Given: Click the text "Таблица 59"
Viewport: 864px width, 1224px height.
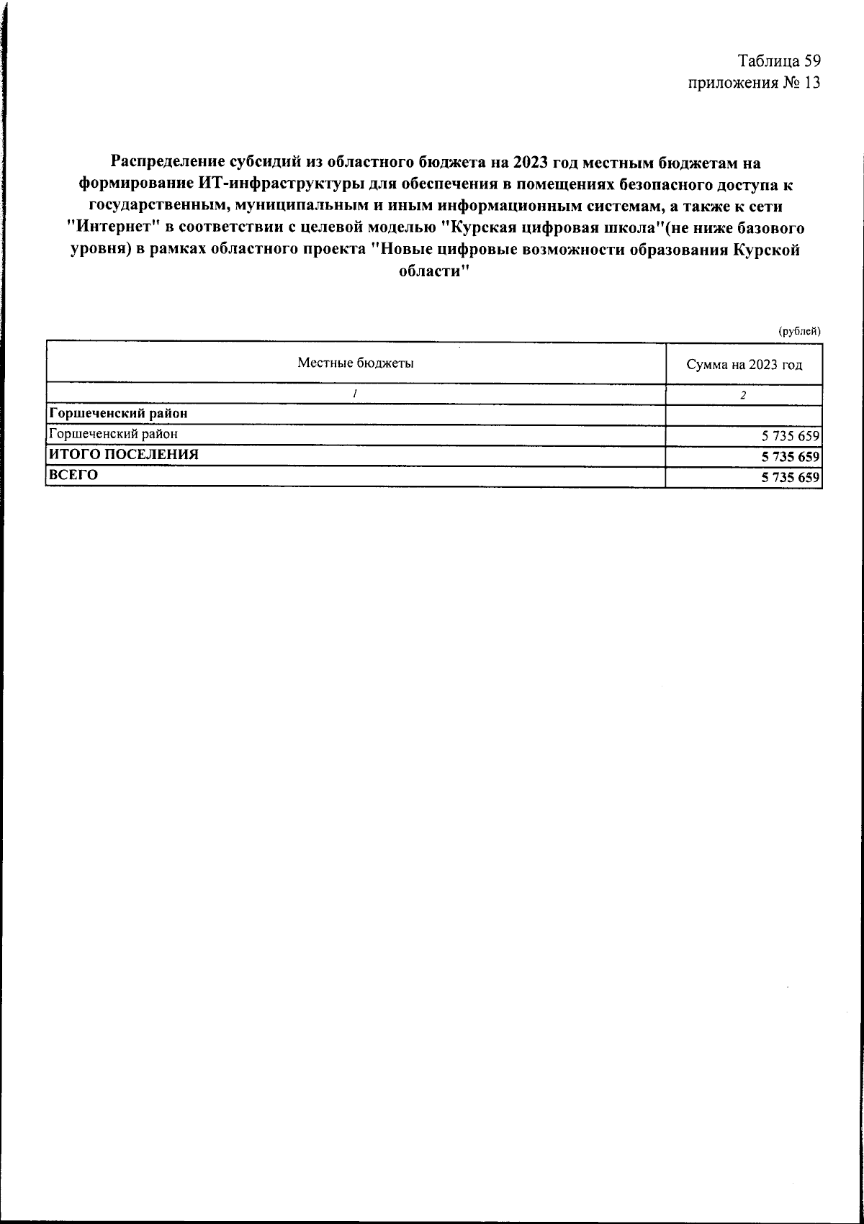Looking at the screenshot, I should [779, 60].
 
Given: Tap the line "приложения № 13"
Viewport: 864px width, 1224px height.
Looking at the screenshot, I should [754, 83].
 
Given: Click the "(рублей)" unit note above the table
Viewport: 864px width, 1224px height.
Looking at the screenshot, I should [799, 331].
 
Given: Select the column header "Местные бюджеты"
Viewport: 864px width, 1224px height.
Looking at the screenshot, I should [356, 363].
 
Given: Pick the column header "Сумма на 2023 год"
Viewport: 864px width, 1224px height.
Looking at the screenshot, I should [744, 364].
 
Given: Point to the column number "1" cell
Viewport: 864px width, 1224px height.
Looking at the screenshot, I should [356, 395].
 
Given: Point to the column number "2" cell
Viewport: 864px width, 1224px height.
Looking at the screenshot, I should [744, 395].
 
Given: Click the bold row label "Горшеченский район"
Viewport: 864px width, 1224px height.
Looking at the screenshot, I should [117, 414].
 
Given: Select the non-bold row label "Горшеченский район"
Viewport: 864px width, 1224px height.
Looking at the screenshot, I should [112, 434].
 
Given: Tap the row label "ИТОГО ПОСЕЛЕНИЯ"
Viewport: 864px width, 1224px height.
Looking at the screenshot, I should [123, 455].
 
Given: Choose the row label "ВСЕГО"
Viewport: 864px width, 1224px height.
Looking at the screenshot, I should [73, 475].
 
